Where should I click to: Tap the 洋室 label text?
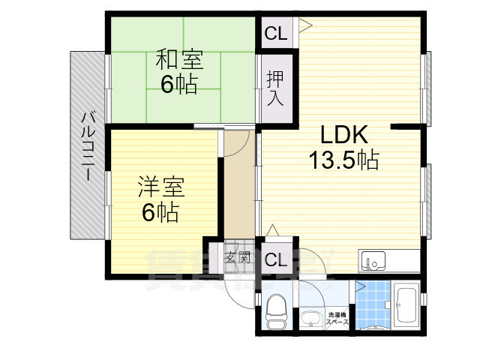pos(160,186)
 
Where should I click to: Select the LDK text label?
pos(343,135)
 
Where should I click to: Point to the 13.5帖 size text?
pos(343,159)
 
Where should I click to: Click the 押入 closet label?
pos(274,88)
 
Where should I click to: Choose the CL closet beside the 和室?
pos(275,34)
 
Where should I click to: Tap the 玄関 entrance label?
pos(238,259)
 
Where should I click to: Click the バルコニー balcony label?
pos(88,146)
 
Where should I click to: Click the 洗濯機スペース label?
pos(337,318)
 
